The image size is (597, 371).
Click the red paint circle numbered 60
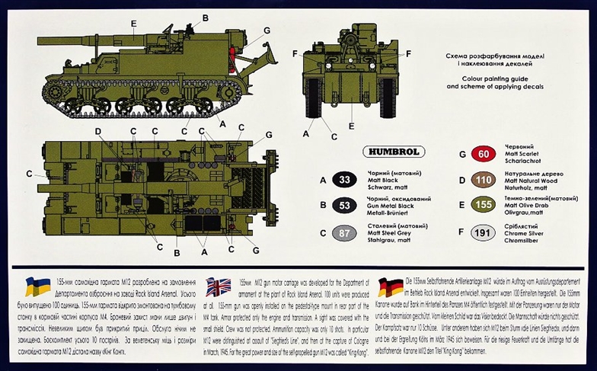tap(480, 155)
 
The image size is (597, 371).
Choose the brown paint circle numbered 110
tap(480, 181)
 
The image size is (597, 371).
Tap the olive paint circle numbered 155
tap(480, 206)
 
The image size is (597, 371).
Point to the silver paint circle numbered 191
tap(480, 233)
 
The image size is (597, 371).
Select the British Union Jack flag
tap(219, 288)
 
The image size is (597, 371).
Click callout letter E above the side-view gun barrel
tap(132, 24)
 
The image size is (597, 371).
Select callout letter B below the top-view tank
tap(177, 252)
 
